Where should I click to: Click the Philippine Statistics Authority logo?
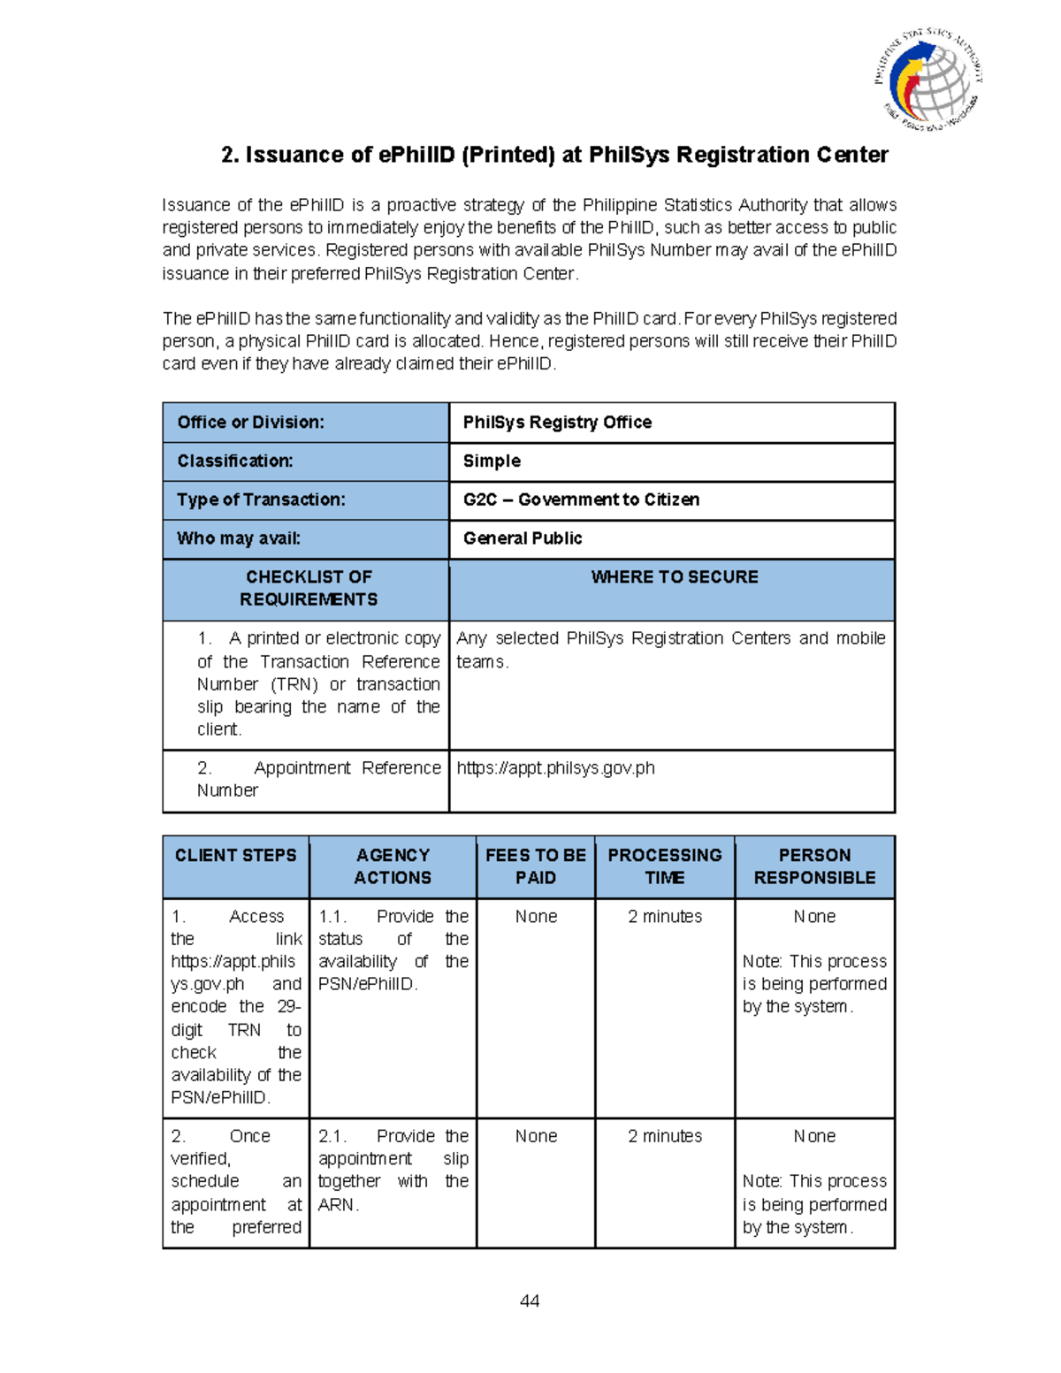coord(928,79)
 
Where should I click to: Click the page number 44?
coord(530,1301)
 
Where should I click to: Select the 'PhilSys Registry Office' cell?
coord(557,423)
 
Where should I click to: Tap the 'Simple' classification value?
coord(492,461)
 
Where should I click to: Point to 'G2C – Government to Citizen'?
coord(581,500)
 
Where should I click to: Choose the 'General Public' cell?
coord(523,538)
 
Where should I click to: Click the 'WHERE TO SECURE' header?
coord(674,577)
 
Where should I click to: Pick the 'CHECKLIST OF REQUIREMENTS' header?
coord(309,588)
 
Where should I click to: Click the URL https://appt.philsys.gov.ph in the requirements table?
coord(555,768)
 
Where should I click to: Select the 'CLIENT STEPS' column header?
coord(235,856)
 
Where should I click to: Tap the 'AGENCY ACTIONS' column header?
coord(393,866)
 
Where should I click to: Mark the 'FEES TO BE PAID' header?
coord(536,866)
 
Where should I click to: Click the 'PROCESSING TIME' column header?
coord(665,866)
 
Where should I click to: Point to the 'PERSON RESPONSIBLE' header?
coord(814,866)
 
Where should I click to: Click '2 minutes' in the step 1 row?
coord(665,917)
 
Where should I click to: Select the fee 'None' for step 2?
coord(536,1136)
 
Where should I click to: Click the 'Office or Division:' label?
coord(250,423)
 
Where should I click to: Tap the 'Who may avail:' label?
coord(239,538)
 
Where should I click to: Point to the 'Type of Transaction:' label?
coord(261,500)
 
